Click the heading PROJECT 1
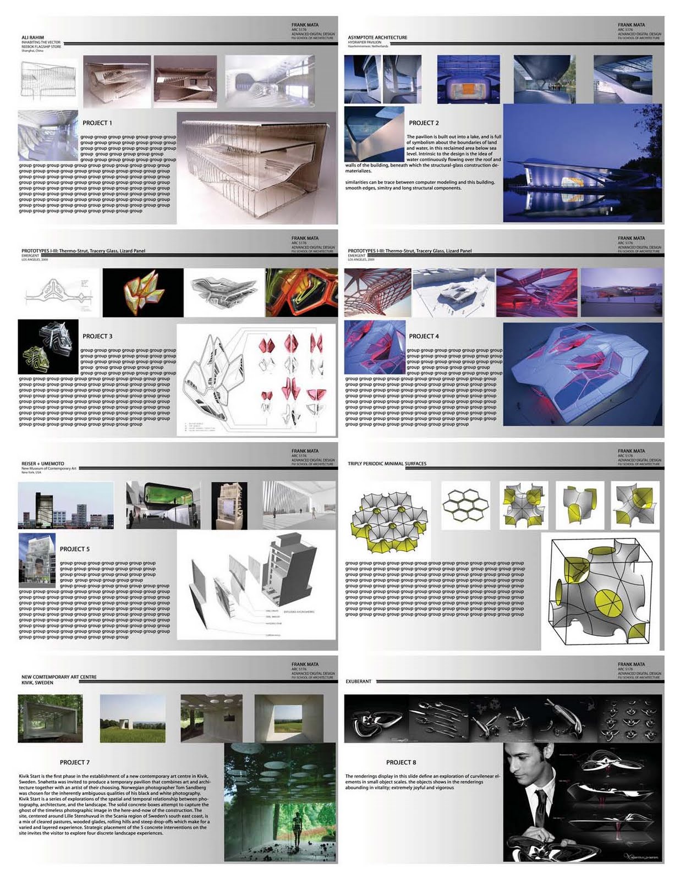pyautogui.click(x=97, y=123)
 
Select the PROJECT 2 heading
pyautogui.click(x=424, y=123)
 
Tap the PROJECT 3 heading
pyautogui.click(x=97, y=336)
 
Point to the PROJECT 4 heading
pyautogui.click(x=424, y=336)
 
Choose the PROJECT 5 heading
pyautogui.click(x=75, y=549)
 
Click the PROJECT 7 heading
pyautogui.click(x=75, y=762)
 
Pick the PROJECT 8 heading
pyautogui.click(x=401, y=762)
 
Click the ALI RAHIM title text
pyautogui.click(x=32, y=37)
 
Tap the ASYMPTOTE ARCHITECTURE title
pyautogui.click(x=377, y=37)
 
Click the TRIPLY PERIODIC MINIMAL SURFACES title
pyautogui.click(x=387, y=464)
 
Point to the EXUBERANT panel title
pyautogui.click(x=358, y=681)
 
